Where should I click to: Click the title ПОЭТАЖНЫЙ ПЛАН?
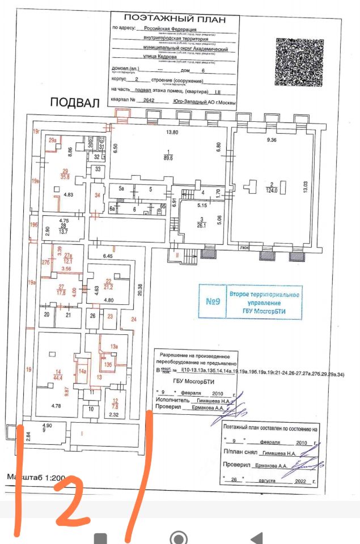[x=175, y=19]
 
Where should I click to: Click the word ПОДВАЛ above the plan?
[x=74, y=103]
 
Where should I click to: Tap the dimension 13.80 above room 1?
[x=171, y=133]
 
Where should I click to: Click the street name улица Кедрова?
[x=161, y=57]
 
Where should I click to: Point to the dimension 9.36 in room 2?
[x=271, y=139]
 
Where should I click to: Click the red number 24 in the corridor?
[x=133, y=320]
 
